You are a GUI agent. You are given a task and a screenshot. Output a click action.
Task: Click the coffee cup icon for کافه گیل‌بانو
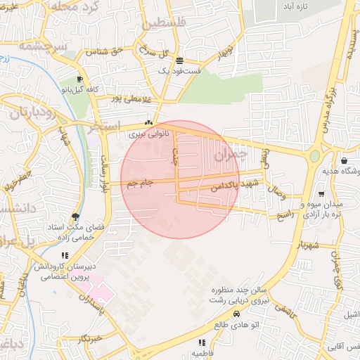pos(79,79)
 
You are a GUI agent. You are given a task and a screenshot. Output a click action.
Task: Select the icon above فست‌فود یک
pos(180,60)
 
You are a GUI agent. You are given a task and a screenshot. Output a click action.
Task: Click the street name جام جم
pos(140,184)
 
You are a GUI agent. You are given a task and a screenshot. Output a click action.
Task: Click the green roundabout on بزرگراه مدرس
pos(314,155)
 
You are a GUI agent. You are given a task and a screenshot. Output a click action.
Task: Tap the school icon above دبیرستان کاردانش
pos(65,255)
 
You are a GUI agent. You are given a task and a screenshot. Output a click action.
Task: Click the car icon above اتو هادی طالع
pos(237,314)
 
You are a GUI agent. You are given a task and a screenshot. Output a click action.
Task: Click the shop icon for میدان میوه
pos(321,193)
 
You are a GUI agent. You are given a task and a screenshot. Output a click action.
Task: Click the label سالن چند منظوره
pos(240,290)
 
